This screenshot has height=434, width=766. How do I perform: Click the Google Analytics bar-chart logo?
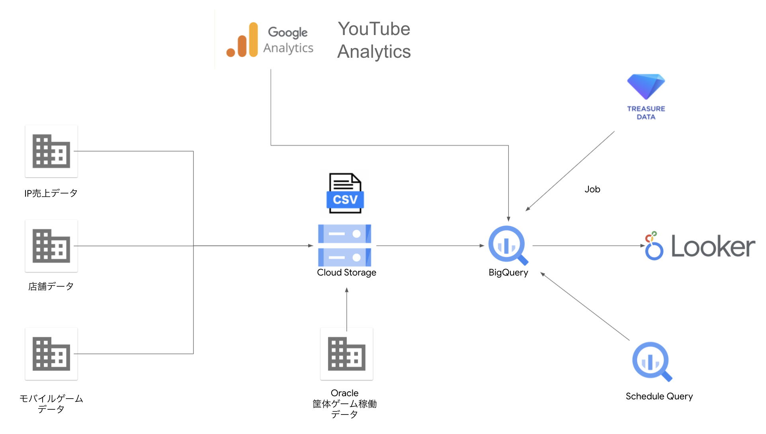coord(242,41)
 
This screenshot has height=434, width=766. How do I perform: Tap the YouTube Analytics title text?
coord(373,40)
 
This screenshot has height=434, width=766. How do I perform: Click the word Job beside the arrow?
coord(592,190)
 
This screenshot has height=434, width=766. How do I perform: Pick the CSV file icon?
coord(345,194)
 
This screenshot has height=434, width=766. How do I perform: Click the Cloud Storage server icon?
coord(345,245)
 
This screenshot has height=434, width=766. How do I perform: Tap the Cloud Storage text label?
coord(346,273)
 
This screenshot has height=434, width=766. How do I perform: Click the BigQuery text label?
coord(508,273)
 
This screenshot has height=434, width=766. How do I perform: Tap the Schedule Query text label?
coord(659,397)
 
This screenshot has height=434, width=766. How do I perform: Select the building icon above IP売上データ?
coord(51,151)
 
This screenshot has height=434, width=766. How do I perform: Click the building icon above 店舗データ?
coord(51,246)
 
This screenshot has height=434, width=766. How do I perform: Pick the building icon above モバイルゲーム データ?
coord(51,354)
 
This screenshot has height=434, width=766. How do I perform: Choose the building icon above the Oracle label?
coord(346,354)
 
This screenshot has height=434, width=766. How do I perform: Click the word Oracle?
coord(344,393)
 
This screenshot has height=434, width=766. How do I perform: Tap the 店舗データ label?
coord(51,287)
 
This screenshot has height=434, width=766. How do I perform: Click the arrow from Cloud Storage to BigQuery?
coord(430,246)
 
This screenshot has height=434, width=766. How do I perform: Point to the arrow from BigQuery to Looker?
coord(587,246)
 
